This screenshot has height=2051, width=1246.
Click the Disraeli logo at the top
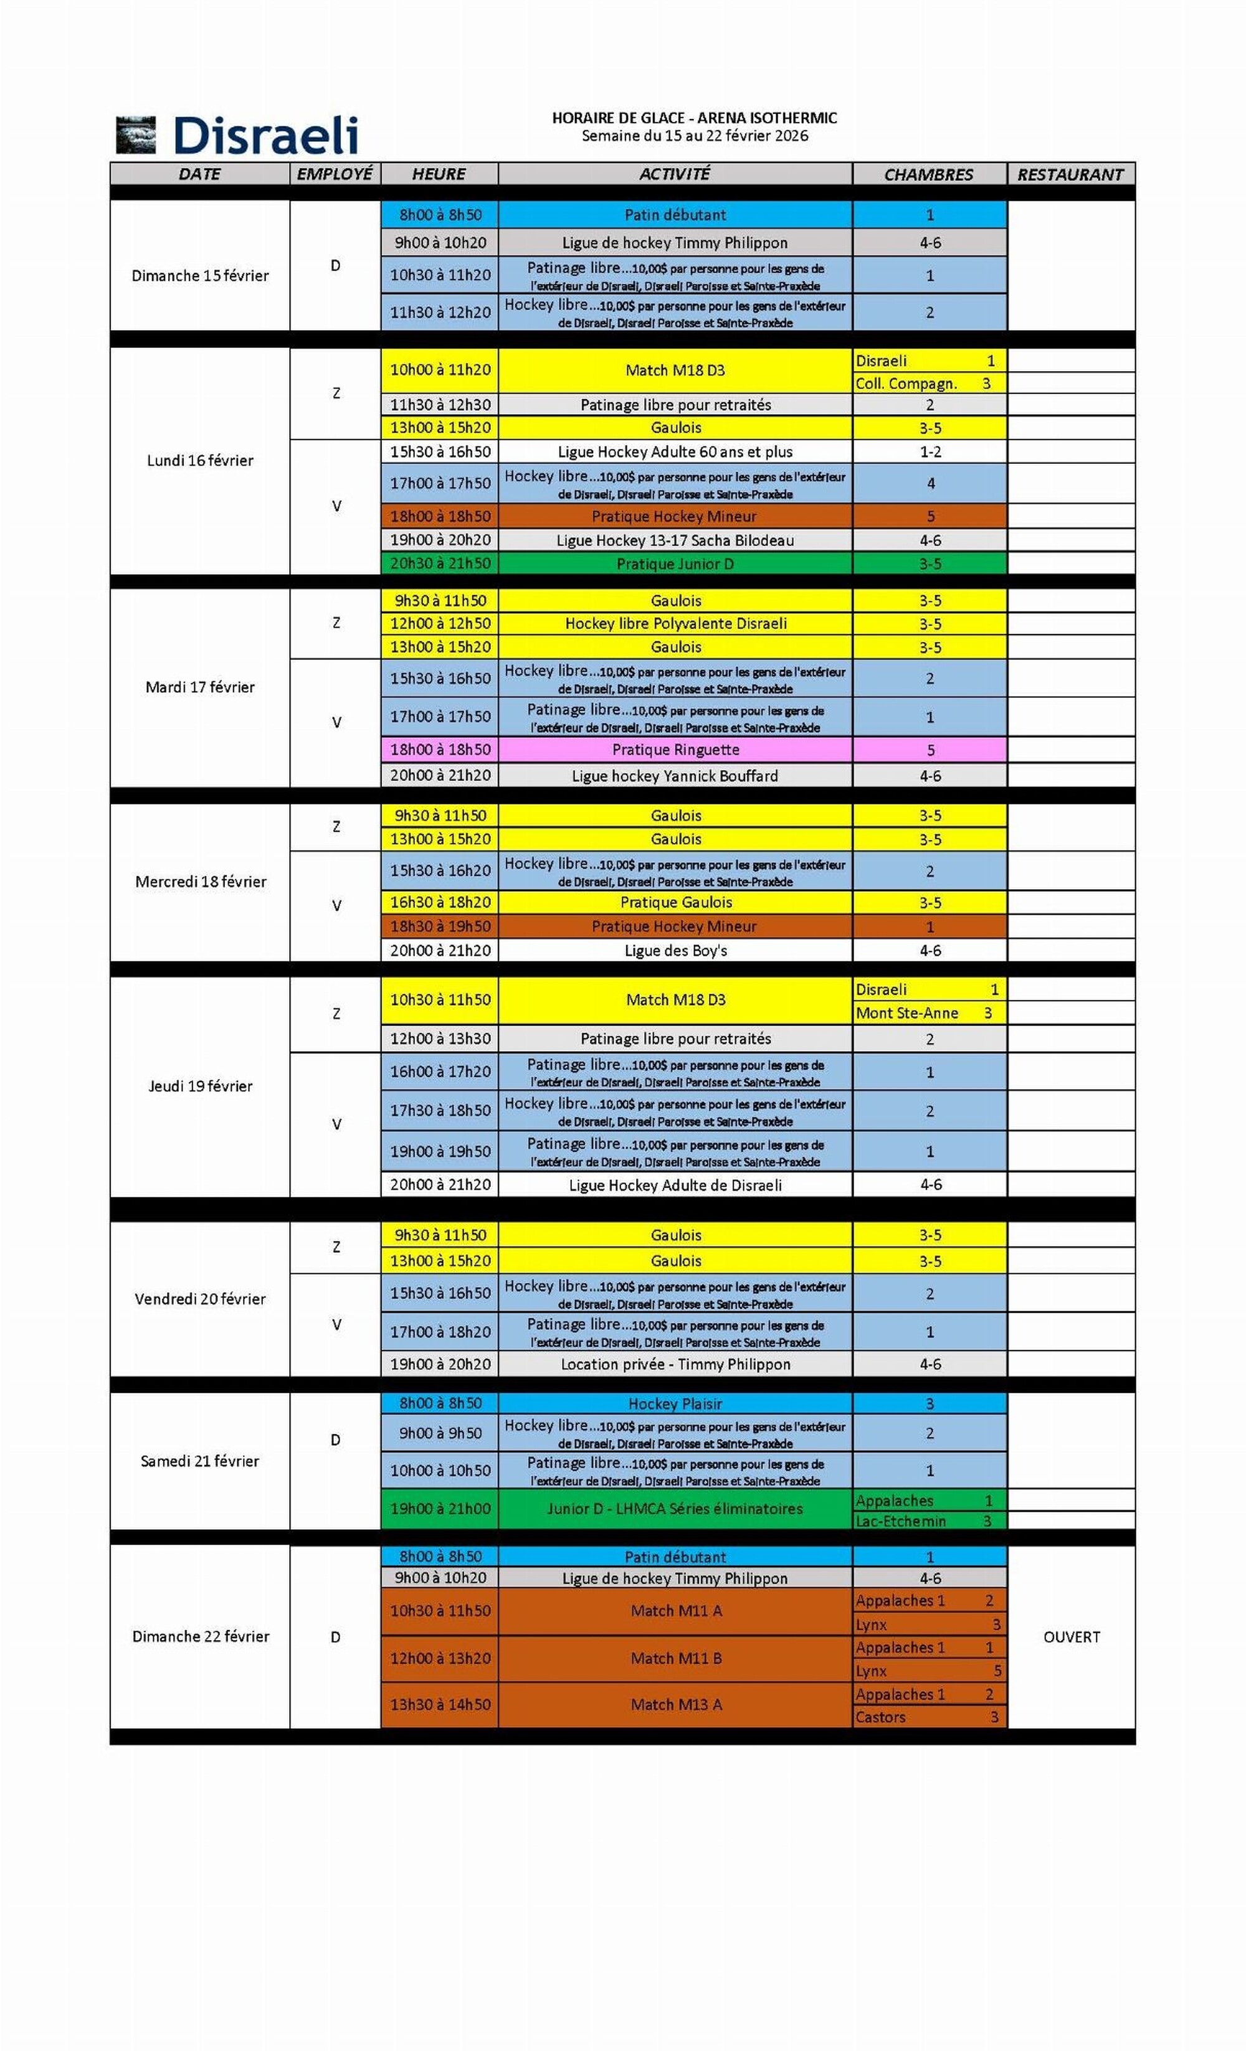click(x=237, y=136)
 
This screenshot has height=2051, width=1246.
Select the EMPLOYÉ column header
click(x=335, y=174)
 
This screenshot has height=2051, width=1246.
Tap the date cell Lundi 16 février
click(x=200, y=460)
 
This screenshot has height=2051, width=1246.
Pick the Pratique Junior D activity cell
click(x=675, y=563)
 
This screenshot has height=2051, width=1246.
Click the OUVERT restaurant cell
click(x=1071, y=1636)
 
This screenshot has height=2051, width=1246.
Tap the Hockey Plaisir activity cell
click(x=675, y=1403)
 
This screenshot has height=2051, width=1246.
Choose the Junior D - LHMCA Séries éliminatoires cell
click(x=675, y=1508)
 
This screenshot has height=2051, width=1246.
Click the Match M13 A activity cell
click(x=675, y=1705)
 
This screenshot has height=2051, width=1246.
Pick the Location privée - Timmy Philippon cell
click(x=675, y=1364)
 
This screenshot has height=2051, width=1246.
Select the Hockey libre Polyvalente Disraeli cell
click(x=675, y=623)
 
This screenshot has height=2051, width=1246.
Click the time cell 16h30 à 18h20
click(x=440, y=902)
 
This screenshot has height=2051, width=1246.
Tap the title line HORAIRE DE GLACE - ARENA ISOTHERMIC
click(x=694, y=118)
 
